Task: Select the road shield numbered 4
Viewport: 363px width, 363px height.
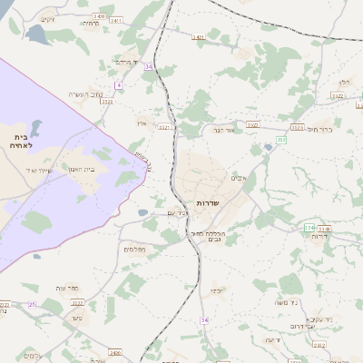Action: (x=118, y=84)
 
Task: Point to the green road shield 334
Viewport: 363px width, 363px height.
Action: (x=309, y=227)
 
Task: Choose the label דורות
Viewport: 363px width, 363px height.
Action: (x=319, y=237)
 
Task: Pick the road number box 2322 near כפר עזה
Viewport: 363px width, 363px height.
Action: (x=78, y=303)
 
